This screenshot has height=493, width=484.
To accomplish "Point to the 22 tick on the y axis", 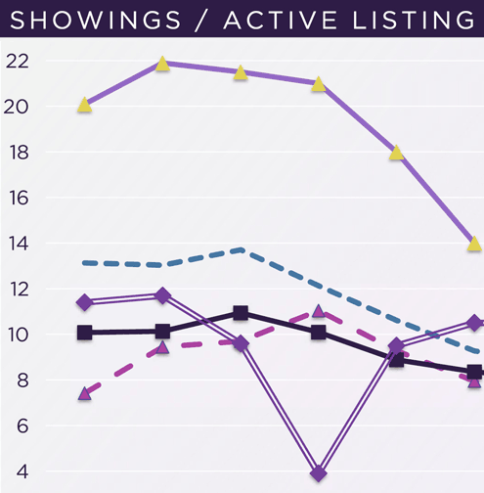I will [17, 61].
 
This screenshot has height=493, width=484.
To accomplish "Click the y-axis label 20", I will [17, 107].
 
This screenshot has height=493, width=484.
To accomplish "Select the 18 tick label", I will [17, 153].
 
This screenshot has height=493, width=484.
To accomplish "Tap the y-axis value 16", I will [17, 198].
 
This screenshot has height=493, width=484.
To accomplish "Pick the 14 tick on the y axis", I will [17, 244].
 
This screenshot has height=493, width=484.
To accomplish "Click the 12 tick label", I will [17, 290].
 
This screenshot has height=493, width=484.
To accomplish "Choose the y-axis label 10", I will [17, 335].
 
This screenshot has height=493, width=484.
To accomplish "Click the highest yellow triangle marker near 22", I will [162, 64].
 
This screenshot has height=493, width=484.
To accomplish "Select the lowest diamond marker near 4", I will [319, 473].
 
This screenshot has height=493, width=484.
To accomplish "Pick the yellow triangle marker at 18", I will [396, 153].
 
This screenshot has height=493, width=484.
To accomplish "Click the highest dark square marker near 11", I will [241, 314].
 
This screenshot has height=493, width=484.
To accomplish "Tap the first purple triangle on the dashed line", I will [85, 394].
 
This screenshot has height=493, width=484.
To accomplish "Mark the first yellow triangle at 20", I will [85, 105].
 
